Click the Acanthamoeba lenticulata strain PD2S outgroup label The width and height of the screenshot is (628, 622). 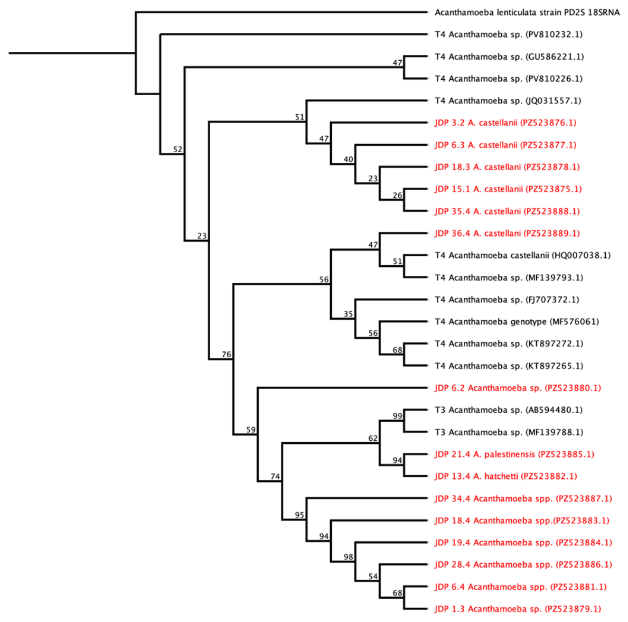tap(527, 13)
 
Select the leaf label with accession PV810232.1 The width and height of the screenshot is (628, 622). tap(509, 34)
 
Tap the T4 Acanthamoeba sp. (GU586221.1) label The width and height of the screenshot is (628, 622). tap(510, 57)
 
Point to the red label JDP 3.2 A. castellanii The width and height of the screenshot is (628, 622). tap(505, 123)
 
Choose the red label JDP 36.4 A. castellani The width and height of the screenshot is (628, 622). tap(508, 233)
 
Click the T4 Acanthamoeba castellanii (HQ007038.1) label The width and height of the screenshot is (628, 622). tap(523, 255)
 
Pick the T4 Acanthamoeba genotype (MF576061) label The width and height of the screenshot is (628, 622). tap(517, 321)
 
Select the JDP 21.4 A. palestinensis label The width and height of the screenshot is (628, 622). tap(514, 454)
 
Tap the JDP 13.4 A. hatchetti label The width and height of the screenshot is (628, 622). tap(506, 476)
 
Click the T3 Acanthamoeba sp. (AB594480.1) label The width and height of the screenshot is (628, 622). tap(509, 410)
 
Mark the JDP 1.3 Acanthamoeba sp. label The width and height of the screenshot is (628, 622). tap(518, 609)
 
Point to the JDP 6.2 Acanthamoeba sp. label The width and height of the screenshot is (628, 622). tap(518, 388)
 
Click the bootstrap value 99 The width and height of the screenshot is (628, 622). tap(397, 416)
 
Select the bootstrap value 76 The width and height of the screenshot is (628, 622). tap(227, 354)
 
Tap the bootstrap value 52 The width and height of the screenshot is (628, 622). tap(178, 150)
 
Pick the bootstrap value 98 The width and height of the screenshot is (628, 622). tap(349, 556)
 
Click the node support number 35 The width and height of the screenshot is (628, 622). tap(349, 314)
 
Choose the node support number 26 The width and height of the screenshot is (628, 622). tap(397, 195)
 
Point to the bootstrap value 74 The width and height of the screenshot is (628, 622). tap(275, 476)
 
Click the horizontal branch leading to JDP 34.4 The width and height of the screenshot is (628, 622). tap(367, 498)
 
